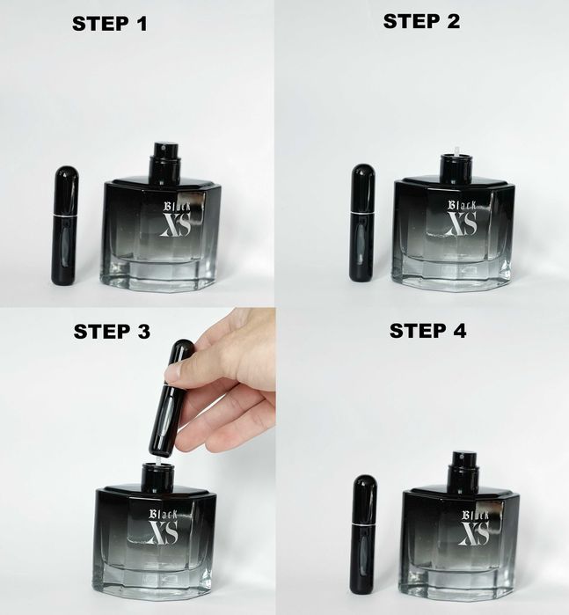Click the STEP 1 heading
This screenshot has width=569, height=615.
(110, 24)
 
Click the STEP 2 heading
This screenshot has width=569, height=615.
(421, 21)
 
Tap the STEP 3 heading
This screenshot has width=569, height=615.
(113, 332)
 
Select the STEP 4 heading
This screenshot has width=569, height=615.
(427, 331)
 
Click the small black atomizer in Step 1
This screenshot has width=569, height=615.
(65, 225)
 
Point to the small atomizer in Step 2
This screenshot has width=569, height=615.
(362, 223)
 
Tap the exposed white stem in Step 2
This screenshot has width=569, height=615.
(456, 151)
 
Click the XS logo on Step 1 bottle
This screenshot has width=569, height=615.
(176, 225)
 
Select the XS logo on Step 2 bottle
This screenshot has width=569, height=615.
(462, 223)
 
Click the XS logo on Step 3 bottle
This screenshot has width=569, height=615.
(163, 531)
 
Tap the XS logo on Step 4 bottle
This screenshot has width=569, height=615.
(474, 533)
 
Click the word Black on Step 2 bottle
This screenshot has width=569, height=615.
(463, 206)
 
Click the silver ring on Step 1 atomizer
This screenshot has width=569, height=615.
(65, 216)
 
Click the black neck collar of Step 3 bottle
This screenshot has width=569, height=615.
(158, 478)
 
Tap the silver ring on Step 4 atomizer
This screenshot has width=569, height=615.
(364, 524)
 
